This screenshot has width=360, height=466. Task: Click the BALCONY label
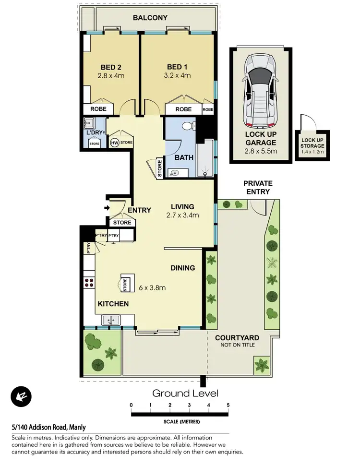pyautogui.click(x=150, y=18)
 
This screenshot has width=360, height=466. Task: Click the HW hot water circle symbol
pyautogui.click(x=115, y=143)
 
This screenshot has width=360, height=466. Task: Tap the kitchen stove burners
pyautogui.click(x=89, y=282)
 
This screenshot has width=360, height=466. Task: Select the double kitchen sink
pyautogui.click(x=111, y=319)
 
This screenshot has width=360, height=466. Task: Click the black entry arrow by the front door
pyautogui.click(x=107, y=208)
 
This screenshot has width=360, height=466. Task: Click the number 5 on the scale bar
pyautogui.click(x=228, y=405)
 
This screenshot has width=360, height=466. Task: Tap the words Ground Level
pyautogui.click(x=185, y=394)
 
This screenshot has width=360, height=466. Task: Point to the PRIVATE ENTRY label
pyautogui.click(x=258, y=187)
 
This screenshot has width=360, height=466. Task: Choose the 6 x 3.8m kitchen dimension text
pyautogui.click(x=152, y=288)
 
